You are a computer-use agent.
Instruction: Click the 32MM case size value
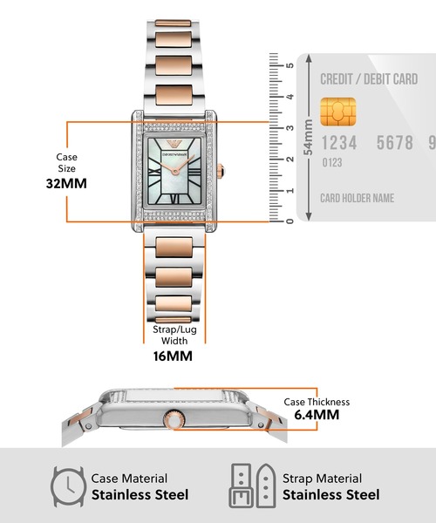[x=66, y=183]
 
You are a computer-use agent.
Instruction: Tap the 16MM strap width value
[x=173, y=357]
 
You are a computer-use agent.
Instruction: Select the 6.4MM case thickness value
[x=317, y=415]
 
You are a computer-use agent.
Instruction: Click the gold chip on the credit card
[x=338, y=112]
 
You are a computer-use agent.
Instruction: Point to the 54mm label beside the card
[x=309, y=137]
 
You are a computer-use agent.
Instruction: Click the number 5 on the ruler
[x=290, y=65]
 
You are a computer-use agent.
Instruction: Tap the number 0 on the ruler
[x=290, y=221]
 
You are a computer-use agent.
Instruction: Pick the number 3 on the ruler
[x=290, y=128]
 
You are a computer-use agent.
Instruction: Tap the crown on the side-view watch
[x=174, y=419]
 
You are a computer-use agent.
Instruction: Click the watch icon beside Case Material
[x=68, y=486]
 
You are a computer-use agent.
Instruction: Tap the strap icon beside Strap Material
[x=253, y=486]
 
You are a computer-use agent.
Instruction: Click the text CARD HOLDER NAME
[x=357, y=198]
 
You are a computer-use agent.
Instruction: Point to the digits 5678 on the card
[x=395, y=143]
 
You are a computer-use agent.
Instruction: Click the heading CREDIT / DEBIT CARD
[x=369, y=79]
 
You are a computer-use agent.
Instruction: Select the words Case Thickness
[x=317, y=402]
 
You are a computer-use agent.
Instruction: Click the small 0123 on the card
[x=332, y=163]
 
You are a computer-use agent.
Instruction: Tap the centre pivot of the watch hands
[x=174, y=172]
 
